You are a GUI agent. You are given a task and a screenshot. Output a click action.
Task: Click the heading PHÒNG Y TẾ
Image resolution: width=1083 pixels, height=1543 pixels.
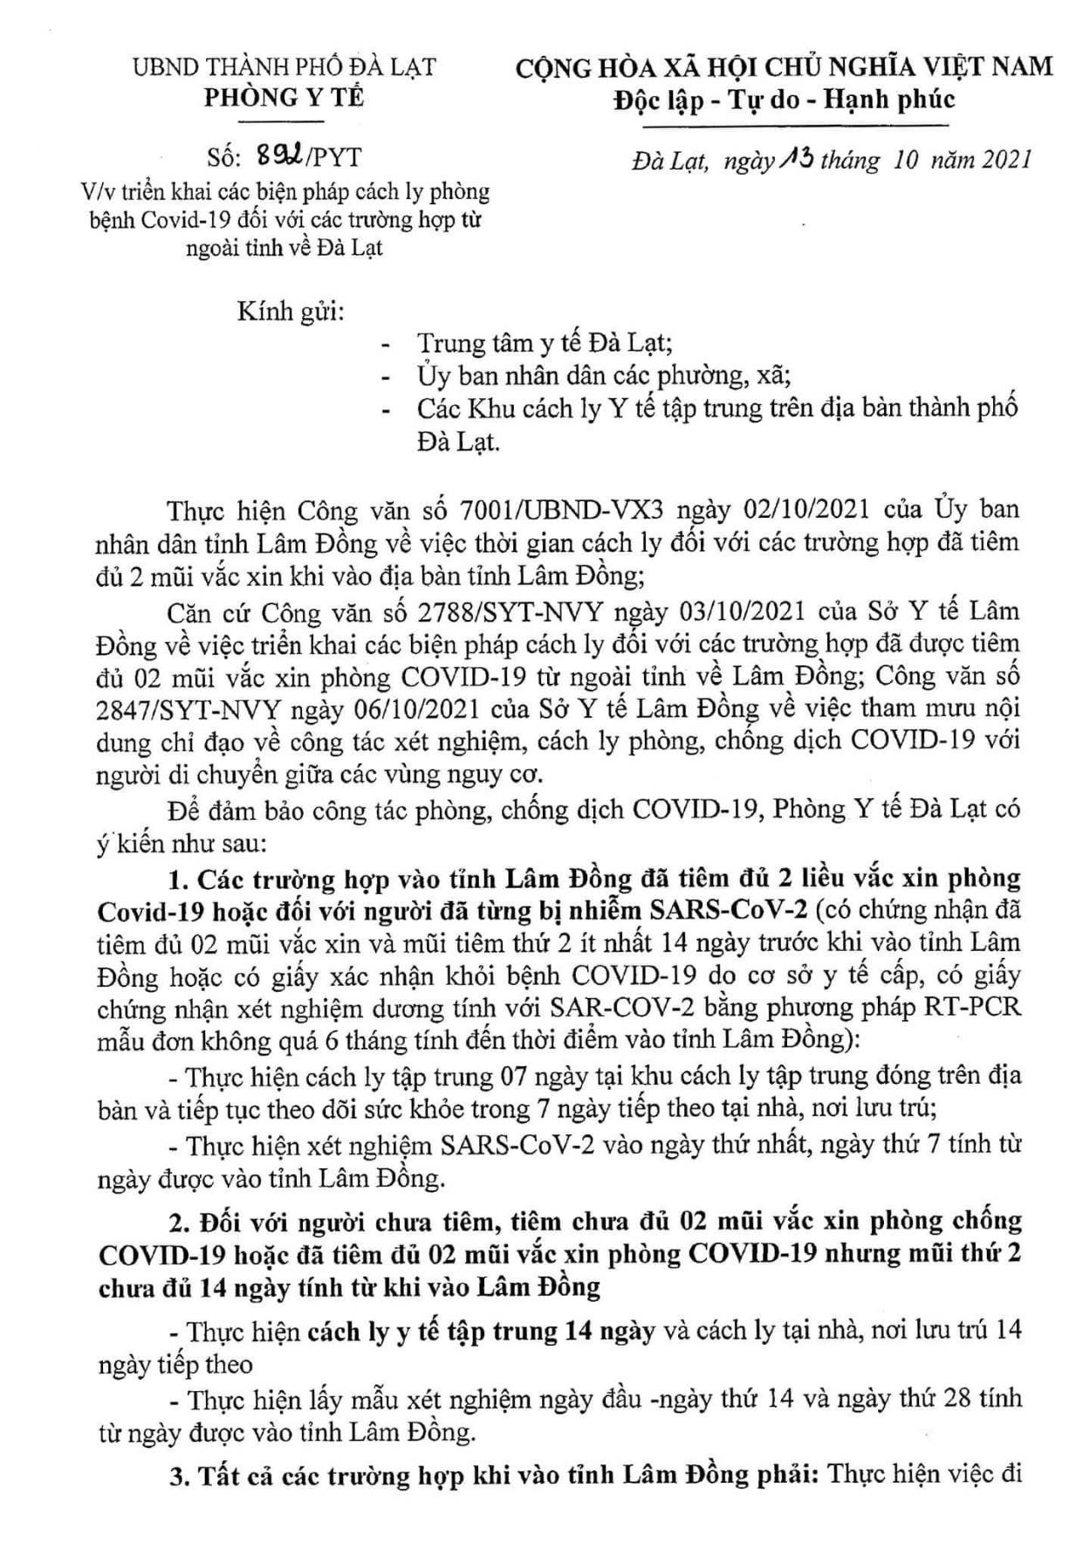click(x=284, y=98)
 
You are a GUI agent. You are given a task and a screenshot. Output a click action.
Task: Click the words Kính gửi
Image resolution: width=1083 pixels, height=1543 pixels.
click(x=289, y=313)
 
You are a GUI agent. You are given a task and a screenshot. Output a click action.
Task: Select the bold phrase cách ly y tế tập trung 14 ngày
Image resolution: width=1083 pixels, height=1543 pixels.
click(x=481, y=1332)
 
